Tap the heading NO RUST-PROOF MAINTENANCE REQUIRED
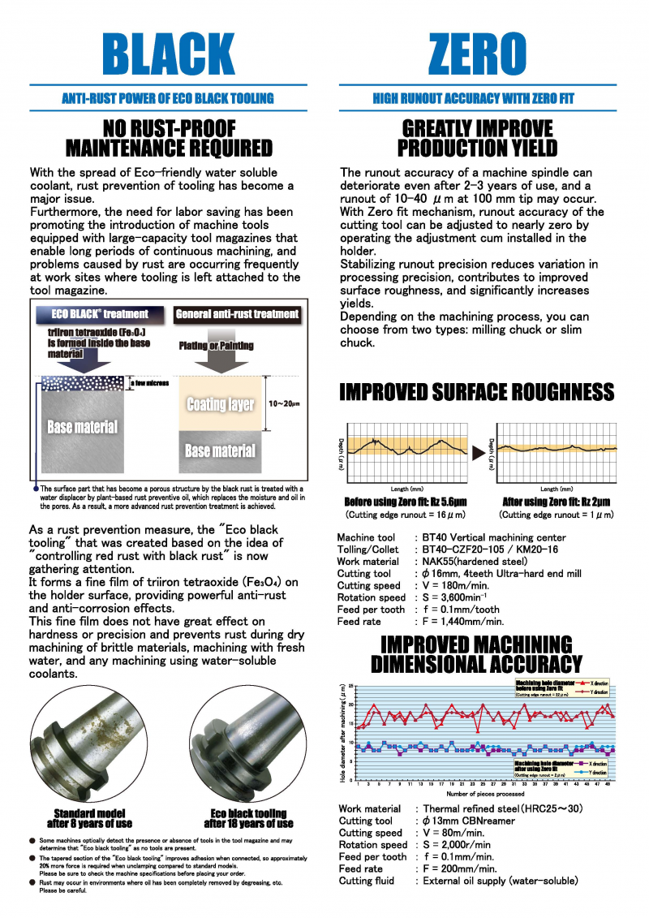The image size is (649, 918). (x=169, y=139)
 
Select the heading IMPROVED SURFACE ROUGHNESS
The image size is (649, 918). (x=476, y=392)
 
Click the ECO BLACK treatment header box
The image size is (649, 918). (x=101, y=314)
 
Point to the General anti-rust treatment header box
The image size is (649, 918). (x=237, y=314)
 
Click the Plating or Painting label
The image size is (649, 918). (x=216, y=345)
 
